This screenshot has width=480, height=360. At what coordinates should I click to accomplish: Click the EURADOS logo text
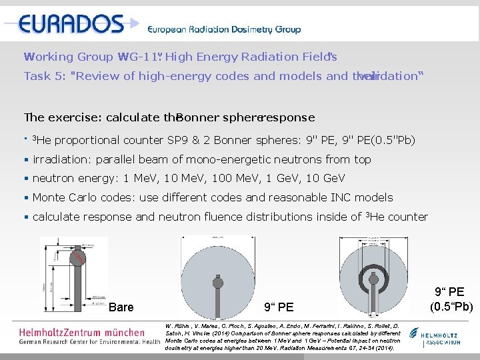pos(71,24)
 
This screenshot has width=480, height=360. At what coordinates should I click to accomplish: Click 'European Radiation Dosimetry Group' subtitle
pos(224,29)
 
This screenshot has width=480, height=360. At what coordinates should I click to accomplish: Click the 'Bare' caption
pos(121,307)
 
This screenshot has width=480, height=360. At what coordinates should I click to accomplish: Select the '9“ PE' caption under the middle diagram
pos(279,307)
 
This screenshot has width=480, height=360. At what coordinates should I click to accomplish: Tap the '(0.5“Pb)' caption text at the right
pos(453,307)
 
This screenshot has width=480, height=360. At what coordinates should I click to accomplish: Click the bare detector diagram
pos(79,273)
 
